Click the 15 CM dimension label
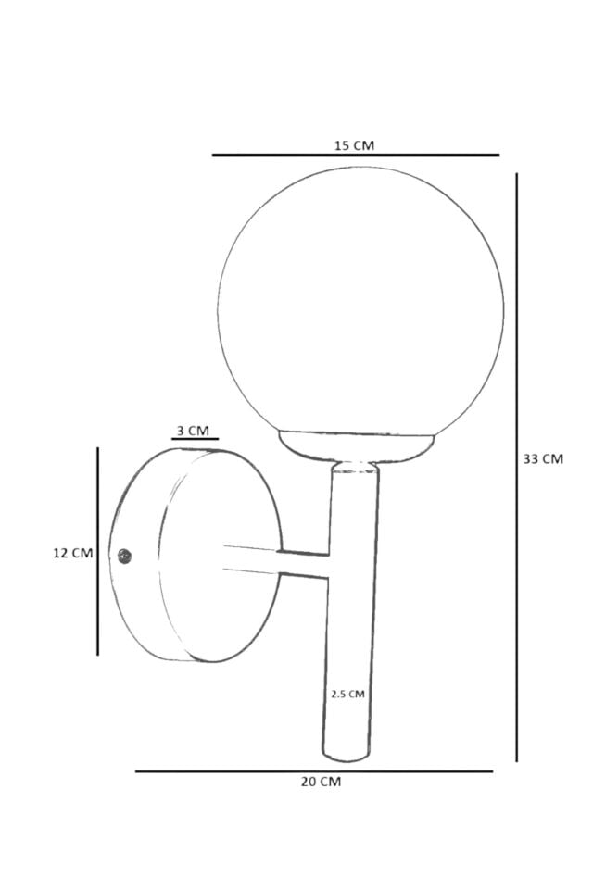(x=354, y=145)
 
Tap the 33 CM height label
(x=543, y=458)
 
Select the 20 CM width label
(x=321, y=782)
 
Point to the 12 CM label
(x=72, y=553)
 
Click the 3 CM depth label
(x=193, y=431)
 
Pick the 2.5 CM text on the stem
(x=347, y=694)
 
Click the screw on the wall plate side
(x=125, y=557)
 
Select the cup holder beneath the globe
(x=357, y=445)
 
